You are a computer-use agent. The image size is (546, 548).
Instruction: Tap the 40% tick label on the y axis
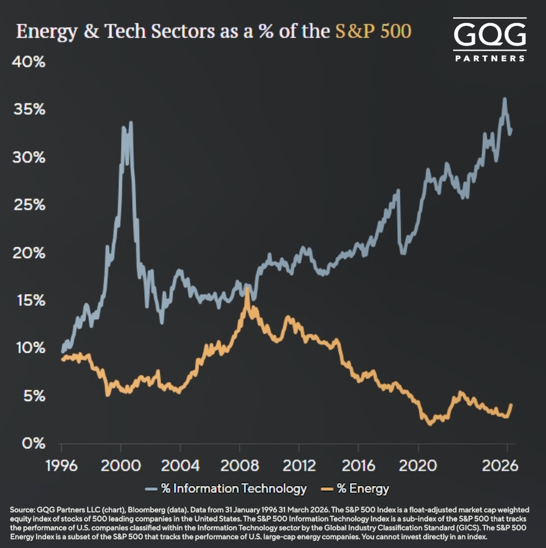28,62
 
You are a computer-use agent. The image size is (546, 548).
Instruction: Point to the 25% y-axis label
28,205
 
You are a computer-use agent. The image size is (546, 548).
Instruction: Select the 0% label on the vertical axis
32,443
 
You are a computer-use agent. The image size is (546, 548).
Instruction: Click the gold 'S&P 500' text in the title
374,32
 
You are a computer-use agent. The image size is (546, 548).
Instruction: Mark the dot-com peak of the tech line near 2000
131,122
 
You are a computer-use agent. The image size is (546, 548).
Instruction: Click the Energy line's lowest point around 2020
430,424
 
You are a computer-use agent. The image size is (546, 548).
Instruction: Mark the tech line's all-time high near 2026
504,99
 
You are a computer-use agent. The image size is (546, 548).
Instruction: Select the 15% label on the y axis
28,300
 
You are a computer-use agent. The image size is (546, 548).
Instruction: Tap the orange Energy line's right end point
511,405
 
